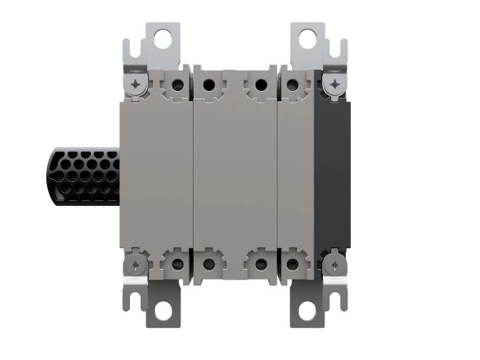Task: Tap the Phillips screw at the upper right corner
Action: [x=334, y=84]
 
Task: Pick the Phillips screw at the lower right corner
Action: [x=334, y=265]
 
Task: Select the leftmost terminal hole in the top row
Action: [x=176, y=84]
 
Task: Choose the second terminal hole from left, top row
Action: [x=209, y=84]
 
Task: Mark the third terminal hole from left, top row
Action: [x=260, y=84]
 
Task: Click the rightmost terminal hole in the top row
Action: [x=293, y=84]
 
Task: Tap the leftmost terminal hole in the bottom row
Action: [x=176, y=265]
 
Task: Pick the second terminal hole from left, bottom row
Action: [x=209, y=265]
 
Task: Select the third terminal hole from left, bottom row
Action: [x=260, y=265]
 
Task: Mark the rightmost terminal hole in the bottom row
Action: [x=293, y=265]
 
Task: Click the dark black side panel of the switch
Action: [x=333, y=175]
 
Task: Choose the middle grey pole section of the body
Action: [x=234, y=175]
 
